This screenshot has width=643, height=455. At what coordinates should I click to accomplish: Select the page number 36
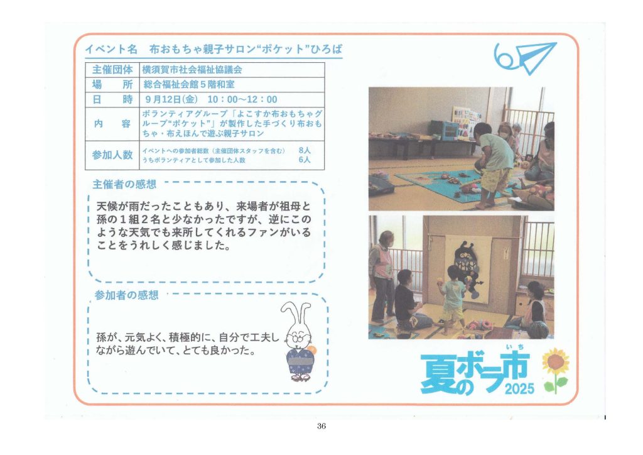pyautogui.click(x=321, y=426)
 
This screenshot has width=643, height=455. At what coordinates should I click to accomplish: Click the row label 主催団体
pyautogui.click(x=112, y=70)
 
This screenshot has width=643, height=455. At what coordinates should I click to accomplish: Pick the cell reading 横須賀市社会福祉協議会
pyautogui.click(x=192, y=70)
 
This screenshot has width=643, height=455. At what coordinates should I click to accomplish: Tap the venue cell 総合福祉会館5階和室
pyautogui.click(x=189, y=85)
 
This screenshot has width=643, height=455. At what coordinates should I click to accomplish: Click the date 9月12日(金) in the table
pyautogui.click(x=171, y=100)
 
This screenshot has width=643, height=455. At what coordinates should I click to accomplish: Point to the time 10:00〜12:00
pyautogui.click(x=242, y=100)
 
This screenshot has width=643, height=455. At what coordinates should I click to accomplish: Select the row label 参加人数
pyautogui.click(x=112, y=155)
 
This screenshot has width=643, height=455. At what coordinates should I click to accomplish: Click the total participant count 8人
pyautogui.click(x=305, y=151)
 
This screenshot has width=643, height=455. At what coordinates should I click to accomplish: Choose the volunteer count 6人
pyautogui.click(x=305, y=160)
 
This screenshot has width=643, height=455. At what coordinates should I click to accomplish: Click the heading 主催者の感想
pyautogui.click(x=124, y=185)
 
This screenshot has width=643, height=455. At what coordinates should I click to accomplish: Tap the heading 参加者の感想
pyautogui.click(x=126, y=295)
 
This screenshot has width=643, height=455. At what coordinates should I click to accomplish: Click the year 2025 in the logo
pyautogui.click(x=519, y=388)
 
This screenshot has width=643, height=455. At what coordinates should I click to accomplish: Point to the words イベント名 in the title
pyautogui.click(x=111, y=50)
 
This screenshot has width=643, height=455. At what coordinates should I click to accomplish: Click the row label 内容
pyautogui.click(x=112, y=124)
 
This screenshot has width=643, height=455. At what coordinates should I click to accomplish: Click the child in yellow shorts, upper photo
pyautogui.click(x=494, y=164)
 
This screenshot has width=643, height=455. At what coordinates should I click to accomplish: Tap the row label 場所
pyautogui.click(x=112, y=85)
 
